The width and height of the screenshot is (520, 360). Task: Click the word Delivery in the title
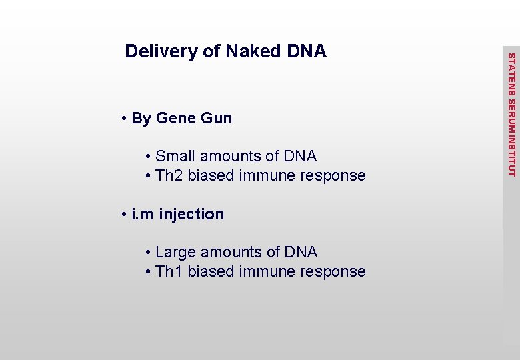pos(157,51)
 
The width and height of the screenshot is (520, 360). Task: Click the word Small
pos(175,157)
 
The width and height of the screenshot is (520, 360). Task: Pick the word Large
pos(176,253)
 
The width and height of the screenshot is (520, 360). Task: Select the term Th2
pos(169,176)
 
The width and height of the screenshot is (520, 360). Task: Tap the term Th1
pos(169,272)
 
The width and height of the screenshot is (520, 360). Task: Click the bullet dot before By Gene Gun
pos(125,119)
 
